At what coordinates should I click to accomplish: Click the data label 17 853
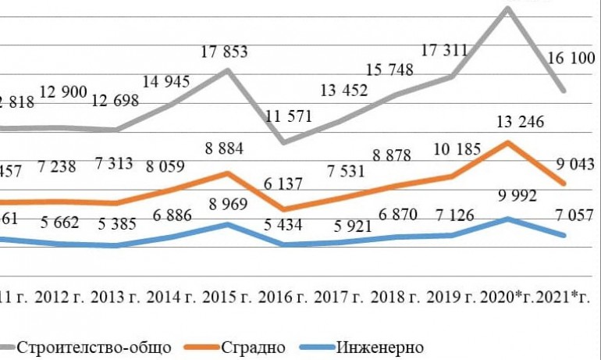tap(224, 53)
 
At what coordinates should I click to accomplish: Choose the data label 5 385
tap(116, 223)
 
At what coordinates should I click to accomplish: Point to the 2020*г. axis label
tap(510, 298)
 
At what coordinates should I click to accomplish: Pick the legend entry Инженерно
tap(379, 346)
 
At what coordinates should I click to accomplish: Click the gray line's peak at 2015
tap(227, 70)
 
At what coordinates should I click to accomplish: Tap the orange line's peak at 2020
tap(508, 143)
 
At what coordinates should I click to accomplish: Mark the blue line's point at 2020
tap(508, 219)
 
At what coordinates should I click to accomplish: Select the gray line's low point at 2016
tap(283, 142)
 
